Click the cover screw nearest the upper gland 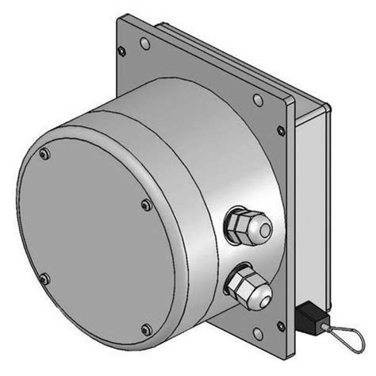coord(145,205)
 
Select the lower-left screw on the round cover coord(44,278)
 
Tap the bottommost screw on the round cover coord(144,328)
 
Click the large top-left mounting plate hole coord(144,42)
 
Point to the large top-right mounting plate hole coord(257,101)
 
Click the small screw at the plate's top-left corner coord(121,52)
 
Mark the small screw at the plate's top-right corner coord(280,130)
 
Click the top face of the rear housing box coord(238,59)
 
